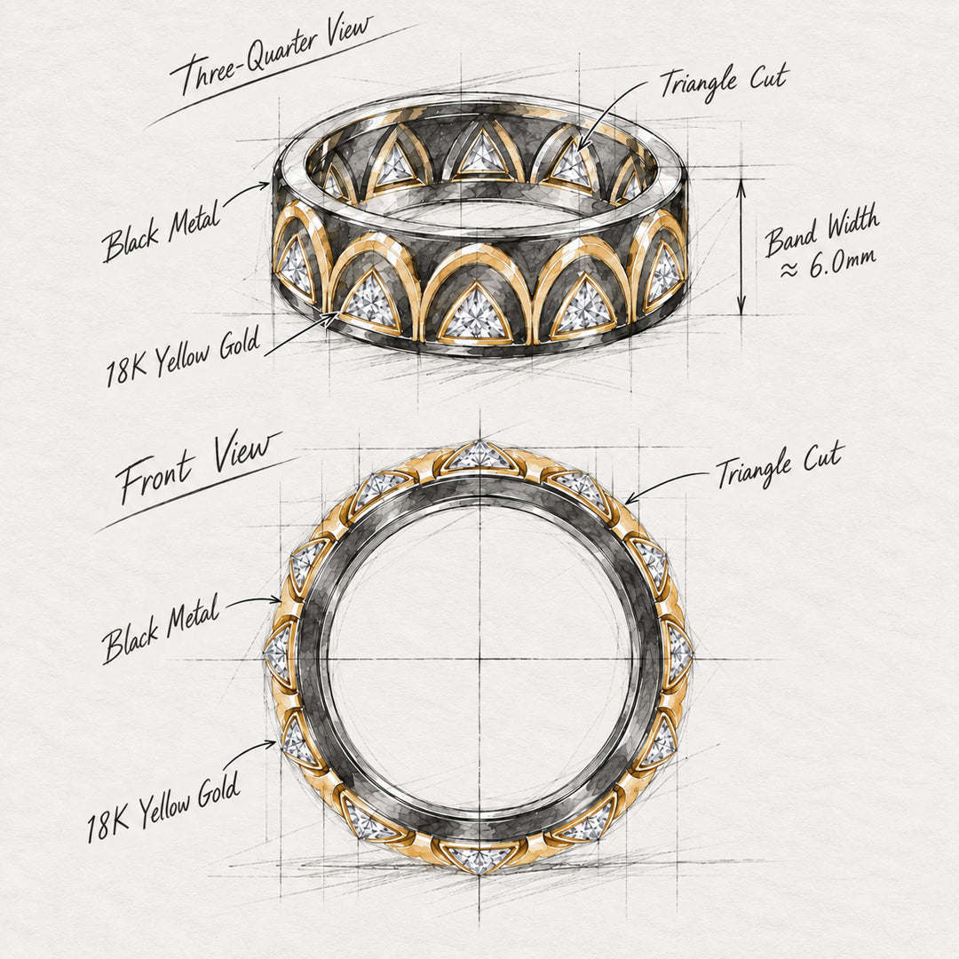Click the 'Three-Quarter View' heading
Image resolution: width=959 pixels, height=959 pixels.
pos(272,56)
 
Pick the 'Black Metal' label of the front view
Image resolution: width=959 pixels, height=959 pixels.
pos(161,629)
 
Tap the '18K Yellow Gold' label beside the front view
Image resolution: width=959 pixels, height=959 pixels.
pos(162,807)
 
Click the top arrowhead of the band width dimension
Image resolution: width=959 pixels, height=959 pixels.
pos(741,185)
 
